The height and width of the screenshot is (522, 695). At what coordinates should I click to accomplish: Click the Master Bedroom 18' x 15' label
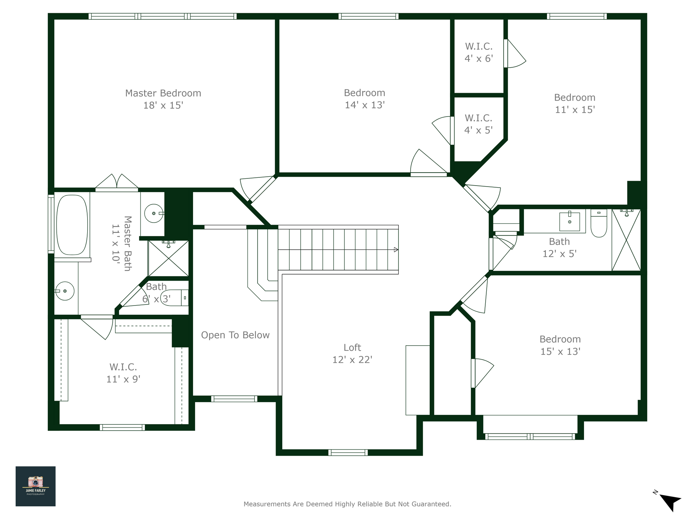[x=163, y=99]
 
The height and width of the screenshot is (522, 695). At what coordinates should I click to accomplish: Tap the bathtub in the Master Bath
[x=72, y=225]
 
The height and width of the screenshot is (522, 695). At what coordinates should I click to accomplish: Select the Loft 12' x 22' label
[x=352, y=353]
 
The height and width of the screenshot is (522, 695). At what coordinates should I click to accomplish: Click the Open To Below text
[x=235, y=335]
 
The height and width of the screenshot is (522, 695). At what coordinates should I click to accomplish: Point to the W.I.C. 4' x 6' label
[x=478, y=52]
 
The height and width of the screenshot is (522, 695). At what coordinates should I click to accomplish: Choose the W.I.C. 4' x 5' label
[x=478, y=124]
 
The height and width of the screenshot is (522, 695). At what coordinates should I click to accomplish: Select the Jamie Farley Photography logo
[x=36, y=486]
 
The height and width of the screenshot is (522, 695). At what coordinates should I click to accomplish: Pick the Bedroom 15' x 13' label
[x=560, y=345]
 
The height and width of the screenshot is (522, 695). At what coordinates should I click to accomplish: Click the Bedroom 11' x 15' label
[x=575, y=104]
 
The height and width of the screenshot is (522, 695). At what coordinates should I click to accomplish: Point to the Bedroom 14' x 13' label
[x=364, y=99]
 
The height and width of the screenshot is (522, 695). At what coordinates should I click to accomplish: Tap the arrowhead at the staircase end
[x=396, y=250]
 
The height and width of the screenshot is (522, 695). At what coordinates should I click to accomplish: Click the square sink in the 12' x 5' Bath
[x=569, y=221]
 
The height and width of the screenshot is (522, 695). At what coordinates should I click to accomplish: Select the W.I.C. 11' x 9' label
[x=123, y=373]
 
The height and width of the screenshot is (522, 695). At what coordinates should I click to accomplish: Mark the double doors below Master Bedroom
[x=117, y=183]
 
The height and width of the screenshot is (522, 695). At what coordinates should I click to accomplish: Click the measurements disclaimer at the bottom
[x=347, y=504]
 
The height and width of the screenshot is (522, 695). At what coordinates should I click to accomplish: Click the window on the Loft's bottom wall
[x=348, y=452]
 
